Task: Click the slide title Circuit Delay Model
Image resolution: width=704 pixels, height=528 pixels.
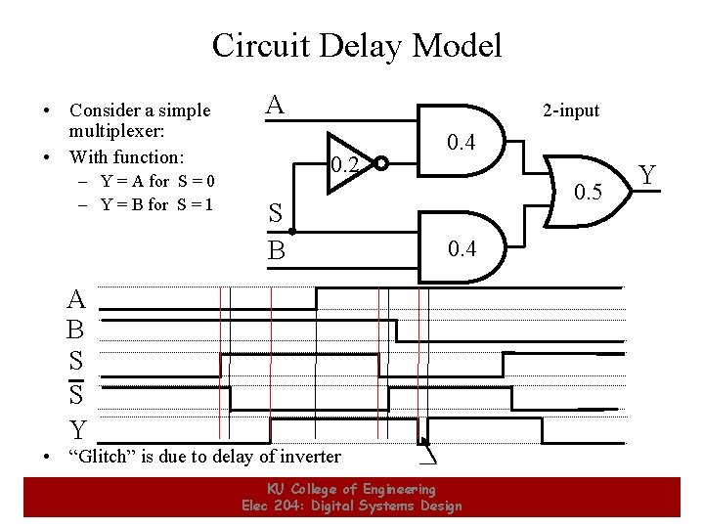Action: tap(356, 45)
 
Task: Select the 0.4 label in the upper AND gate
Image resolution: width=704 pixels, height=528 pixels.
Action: tap(461, 145)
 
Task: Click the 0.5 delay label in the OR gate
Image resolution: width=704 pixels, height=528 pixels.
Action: tap(588, 192)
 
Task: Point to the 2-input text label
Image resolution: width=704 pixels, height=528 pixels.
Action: tap(572, 110)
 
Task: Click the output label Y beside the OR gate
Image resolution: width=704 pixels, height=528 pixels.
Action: tap(647, 176)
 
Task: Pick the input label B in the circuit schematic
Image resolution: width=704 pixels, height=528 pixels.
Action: tap(277, 251)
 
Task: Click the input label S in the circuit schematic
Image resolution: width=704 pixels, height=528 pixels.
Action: tap(276, 214)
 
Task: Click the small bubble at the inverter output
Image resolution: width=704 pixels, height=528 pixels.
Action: tap(381, 163)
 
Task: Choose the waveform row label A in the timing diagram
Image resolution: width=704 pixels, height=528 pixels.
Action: tap(76, 299)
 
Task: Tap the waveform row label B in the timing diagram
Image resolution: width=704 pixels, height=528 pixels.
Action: tap(75, 330)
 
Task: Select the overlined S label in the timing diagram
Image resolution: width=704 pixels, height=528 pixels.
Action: tap(76, 393)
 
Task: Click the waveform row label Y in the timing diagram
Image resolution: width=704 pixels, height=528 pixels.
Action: tap(76, 429)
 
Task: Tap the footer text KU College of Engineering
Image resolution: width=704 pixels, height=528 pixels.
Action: tap(352, 489)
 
